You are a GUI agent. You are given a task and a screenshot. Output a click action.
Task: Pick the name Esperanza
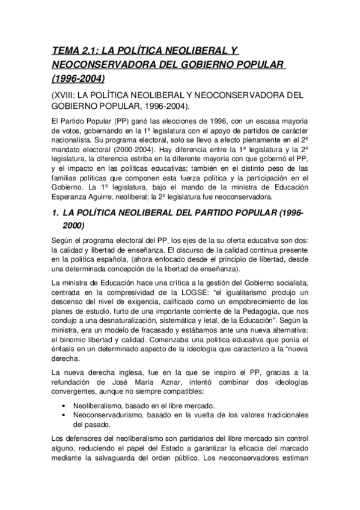[72, 196]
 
